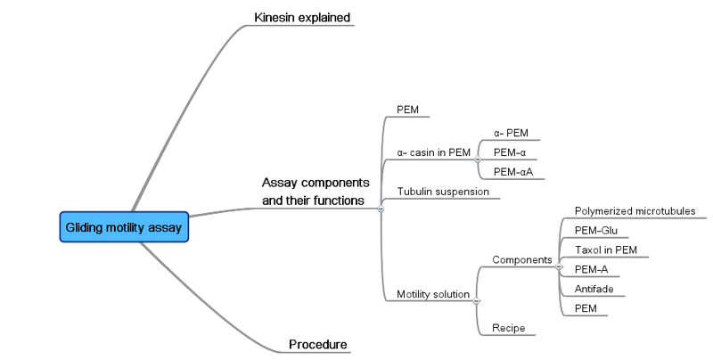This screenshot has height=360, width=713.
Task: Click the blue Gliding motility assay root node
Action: coord(124,227)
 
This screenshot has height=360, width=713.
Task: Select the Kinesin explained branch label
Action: coord(302,17)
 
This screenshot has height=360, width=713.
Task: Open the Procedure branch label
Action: coord(317,345)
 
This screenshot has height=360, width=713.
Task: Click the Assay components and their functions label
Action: coord(315,192)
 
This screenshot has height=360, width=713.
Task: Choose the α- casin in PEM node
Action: coord(433,152)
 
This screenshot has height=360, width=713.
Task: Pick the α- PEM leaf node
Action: coord(511,133)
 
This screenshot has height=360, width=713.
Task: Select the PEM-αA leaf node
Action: coord(512,172)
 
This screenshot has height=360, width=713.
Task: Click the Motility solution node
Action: coord(433,294)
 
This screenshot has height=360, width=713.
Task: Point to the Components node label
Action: coord(522,259)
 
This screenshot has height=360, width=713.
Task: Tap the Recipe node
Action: coord(508,329)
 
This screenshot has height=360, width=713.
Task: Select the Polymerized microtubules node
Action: coord(635,211)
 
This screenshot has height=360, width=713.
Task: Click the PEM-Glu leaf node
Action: coord(596,230)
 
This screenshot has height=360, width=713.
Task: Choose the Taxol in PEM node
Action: coord(606,250)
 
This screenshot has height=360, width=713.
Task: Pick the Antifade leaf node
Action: coord(594,289)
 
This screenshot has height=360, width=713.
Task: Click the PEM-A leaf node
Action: coord(592,269)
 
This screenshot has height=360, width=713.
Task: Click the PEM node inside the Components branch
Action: coord(586,308)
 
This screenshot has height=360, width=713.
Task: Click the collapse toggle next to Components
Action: coord(559,266)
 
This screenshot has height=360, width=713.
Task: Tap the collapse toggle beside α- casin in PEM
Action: coord(478,159)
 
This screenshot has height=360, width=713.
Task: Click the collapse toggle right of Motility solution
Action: coord(477,300)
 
